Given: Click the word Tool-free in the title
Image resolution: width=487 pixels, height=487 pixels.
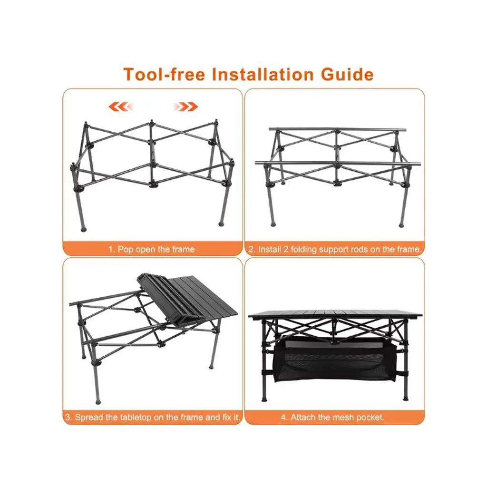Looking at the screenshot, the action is (164, 75).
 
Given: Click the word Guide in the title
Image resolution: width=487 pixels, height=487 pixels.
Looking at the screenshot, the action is (347, 75).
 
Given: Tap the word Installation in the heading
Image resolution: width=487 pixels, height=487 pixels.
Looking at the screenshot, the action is (263, 75).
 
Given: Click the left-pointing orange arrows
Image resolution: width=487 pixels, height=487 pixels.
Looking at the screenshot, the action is (120, 107).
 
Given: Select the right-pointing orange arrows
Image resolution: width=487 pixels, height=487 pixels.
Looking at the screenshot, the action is (186, 107).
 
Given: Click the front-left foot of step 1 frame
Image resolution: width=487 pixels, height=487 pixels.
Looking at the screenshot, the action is (83, 230).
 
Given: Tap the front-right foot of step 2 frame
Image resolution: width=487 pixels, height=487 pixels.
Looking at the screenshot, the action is (401, 225).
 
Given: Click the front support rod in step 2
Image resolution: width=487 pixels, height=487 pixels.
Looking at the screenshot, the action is (338, 163).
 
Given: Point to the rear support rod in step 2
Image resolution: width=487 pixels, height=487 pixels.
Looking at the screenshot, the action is (337, 129).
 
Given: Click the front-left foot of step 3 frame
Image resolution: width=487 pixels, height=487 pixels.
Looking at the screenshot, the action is (98, 402).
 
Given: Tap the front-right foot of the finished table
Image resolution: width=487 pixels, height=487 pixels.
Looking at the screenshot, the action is (406, 398).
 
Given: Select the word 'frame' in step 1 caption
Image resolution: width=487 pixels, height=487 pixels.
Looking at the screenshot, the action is (184, 249).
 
